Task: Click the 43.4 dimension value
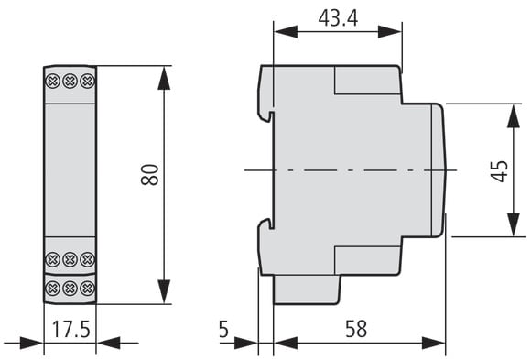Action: (338, 18)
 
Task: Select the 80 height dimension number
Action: (150, 175)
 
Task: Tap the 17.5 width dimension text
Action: (71, 329)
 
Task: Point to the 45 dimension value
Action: (500, 171)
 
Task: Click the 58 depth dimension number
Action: (356, 329)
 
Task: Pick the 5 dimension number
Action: (224, 329)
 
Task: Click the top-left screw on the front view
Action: (52, 82)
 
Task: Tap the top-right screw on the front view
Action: (87, 82)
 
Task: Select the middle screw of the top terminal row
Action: (70, 82)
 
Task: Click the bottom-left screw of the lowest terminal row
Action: (52, 289)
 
